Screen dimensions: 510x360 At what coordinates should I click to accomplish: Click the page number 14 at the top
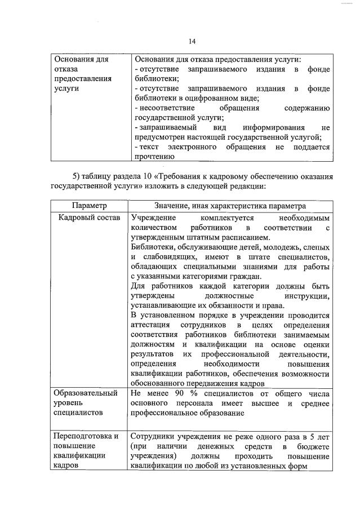(192, 41)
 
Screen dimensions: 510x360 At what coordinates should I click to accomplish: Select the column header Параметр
(89, 206)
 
